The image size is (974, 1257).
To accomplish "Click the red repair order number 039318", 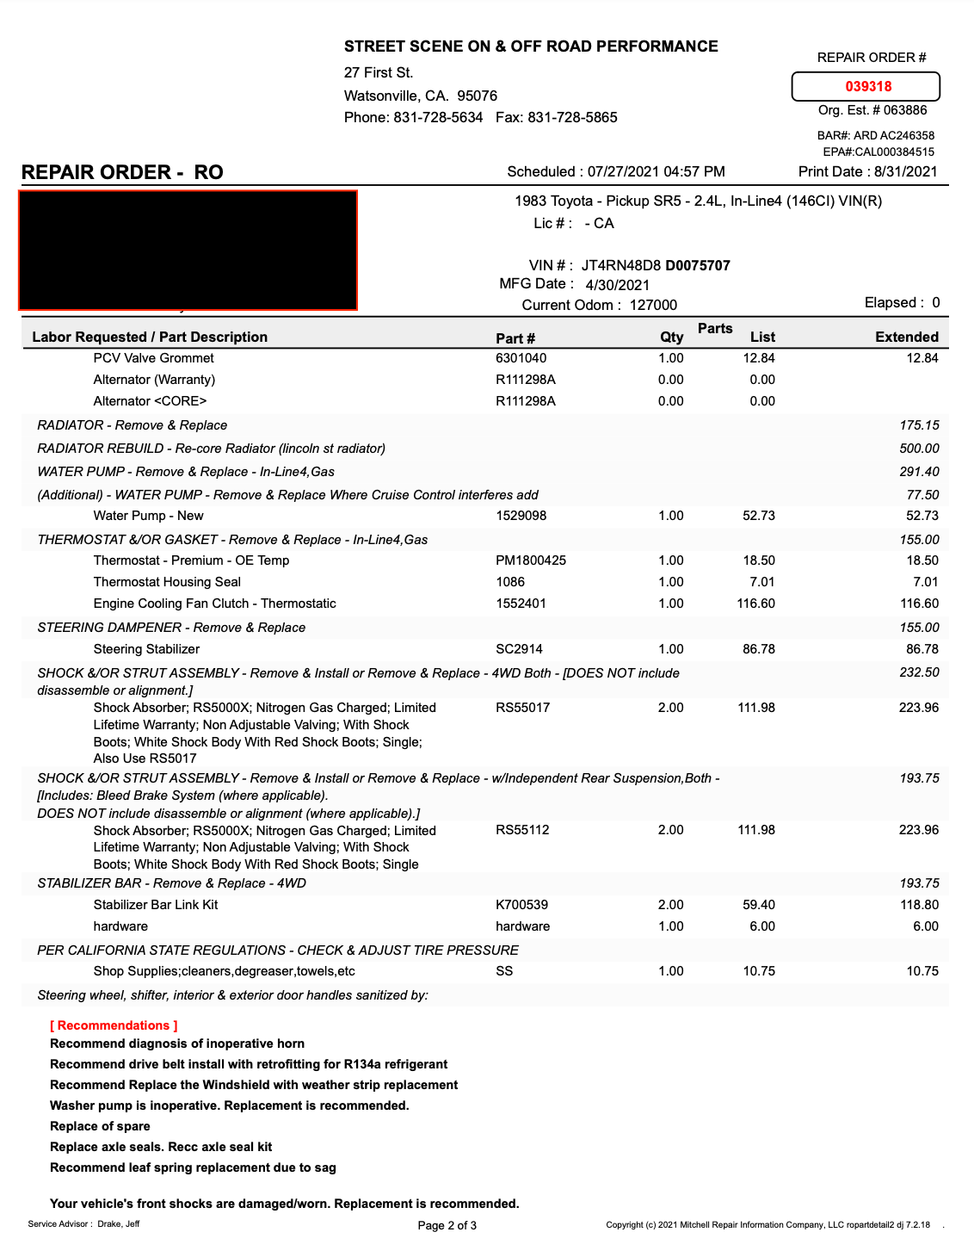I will pos(868,86).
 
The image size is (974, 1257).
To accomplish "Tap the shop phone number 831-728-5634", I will pos(438,117).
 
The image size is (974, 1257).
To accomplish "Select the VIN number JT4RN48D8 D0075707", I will pos(656,265).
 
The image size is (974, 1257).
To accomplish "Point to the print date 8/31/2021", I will pos(905,171).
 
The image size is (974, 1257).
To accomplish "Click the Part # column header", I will pos(515,337).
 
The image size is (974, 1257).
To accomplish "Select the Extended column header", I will pos(906,337).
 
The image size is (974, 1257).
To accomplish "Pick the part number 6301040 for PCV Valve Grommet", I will pos(521,358).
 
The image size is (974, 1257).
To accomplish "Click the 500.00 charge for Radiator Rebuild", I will pos(919,449).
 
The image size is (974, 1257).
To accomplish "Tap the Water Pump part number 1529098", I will pos(521,516).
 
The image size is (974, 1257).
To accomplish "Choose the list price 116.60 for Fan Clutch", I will pos(755,604).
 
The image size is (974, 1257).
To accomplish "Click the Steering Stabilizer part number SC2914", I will pos(519,649).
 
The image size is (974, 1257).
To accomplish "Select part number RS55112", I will pos(522,830).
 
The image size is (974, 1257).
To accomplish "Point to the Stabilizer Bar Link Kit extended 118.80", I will pos(919,905).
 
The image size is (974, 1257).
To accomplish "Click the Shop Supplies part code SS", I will pos(504,971).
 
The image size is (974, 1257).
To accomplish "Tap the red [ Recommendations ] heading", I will pos(114,1025).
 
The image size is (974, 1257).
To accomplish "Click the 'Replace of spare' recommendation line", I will pos(100,1126).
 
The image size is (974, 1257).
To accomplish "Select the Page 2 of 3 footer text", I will pos(447,1225).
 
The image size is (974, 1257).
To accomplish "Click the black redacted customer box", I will pos(188,250).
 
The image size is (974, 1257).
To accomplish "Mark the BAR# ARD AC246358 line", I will pos(875,135).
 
